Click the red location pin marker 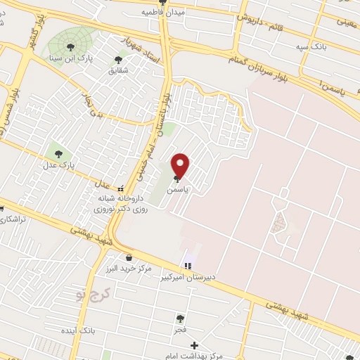point(181,166)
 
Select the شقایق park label point(119,70)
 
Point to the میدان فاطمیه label point(163,13)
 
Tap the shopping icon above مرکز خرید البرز point(128,257)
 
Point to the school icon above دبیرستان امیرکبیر point(188,266)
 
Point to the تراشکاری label point(13,219)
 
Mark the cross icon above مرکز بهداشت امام point(195,346)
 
